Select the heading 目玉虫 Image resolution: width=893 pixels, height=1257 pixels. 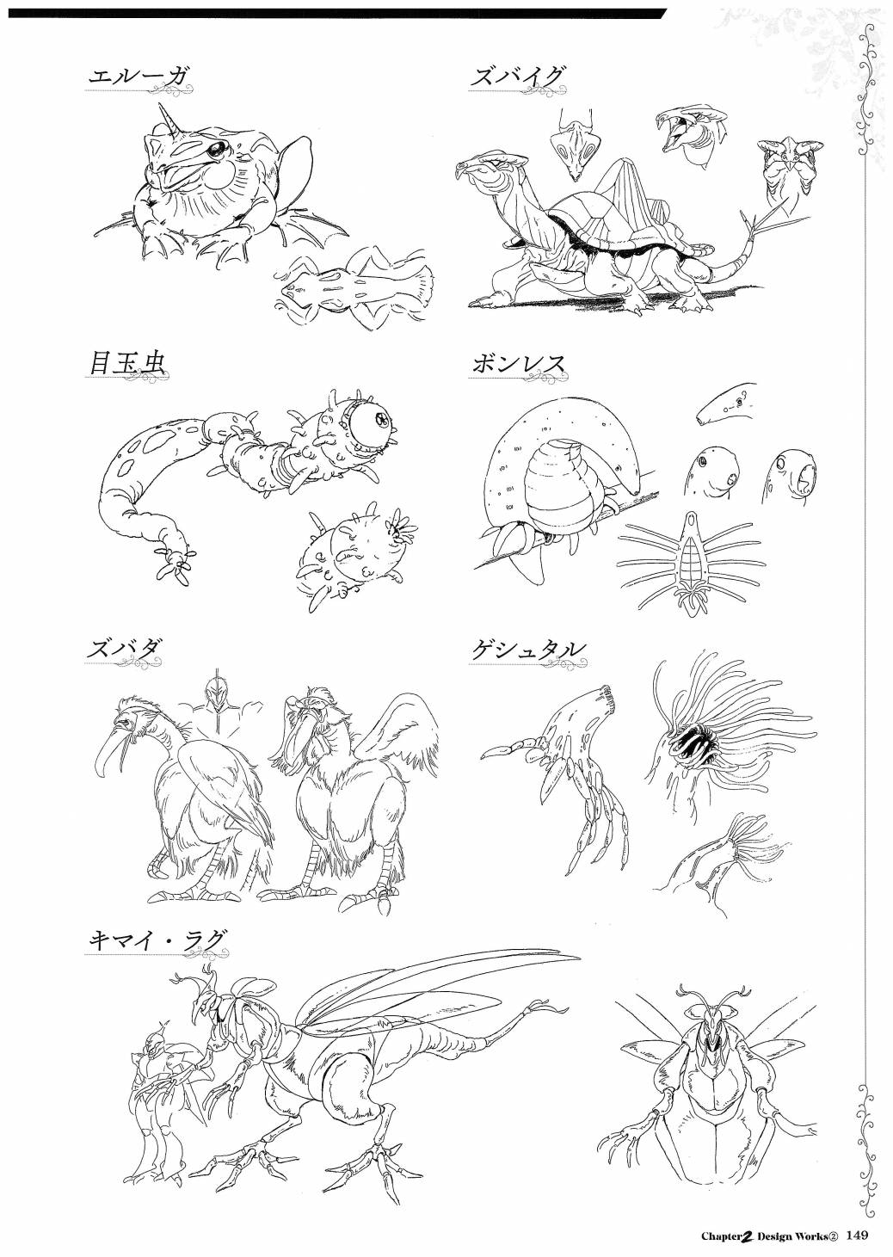[x=125, y=365]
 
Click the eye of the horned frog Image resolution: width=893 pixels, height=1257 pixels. [x=216, y=150]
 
